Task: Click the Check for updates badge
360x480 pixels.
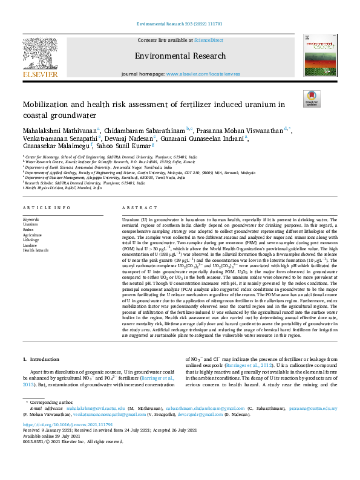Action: point(312,98)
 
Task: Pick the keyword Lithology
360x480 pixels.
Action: point(31,240)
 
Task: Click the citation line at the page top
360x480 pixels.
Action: point(180,26)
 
